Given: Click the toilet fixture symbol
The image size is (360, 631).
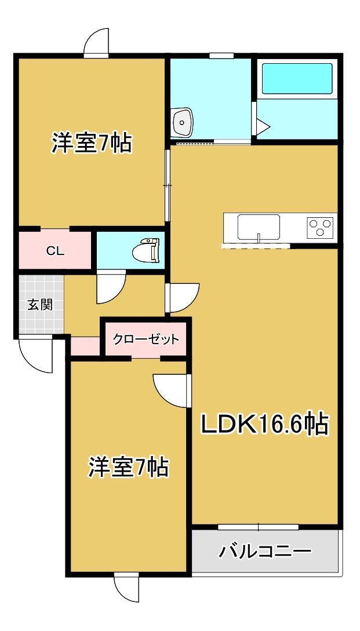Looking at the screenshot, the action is (x=146, y=250).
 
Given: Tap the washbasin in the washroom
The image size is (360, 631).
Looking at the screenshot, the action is (x=183, y=122).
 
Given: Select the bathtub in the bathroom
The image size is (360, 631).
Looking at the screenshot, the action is (x=297, y=78).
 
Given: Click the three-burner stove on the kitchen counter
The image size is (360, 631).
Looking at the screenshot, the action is (x=321, y=226).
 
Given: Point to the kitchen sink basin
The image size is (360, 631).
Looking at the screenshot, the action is (x=259, y=227).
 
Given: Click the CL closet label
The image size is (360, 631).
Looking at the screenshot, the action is (x=55, y=251).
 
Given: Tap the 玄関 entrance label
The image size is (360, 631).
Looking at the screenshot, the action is (x=40, y=305).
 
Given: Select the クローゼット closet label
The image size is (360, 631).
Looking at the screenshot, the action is (x=146, y=339).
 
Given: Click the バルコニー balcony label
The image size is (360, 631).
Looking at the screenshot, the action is (x=265, y=550).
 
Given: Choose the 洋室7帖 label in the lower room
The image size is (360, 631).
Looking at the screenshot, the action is (x=128, y=467).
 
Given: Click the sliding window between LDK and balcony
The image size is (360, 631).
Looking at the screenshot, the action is (x=258, y=527).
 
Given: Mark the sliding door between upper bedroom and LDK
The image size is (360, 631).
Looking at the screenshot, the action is (x=167, y=185).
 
